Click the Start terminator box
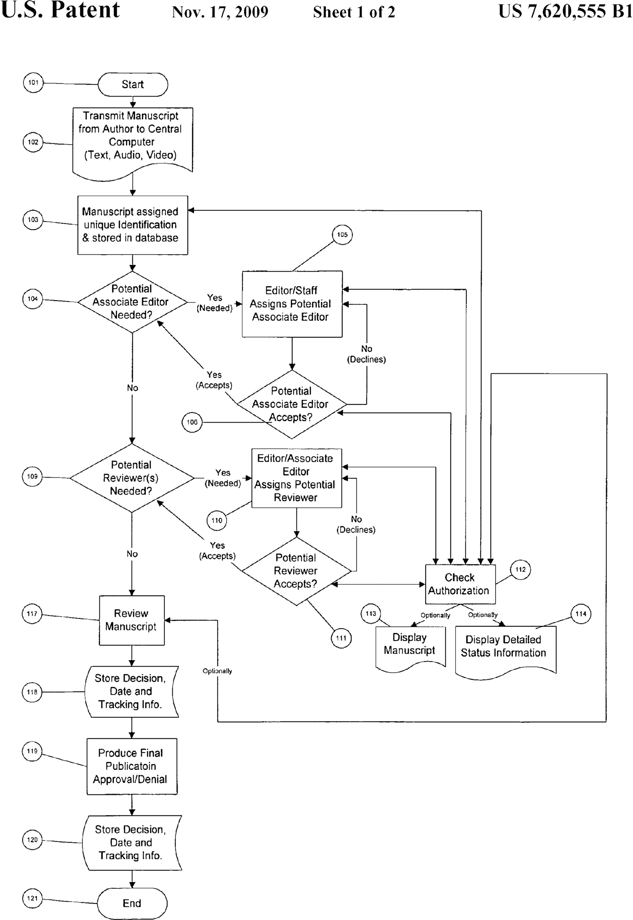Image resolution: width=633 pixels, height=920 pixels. pyautogui.click(x=132, y=84)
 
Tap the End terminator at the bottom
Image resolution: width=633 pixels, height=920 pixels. pyautogui.click(x=132, y=903)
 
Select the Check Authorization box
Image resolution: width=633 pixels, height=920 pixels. pyautogui.click(x=460, y=584)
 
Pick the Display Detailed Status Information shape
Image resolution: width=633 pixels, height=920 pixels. pyautogui.click(x=505, y=647)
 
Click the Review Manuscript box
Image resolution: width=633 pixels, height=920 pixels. pyautogui.click(x=131, y=620)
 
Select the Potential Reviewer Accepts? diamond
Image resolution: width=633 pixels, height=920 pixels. pyautogui.click(x=296, y=571)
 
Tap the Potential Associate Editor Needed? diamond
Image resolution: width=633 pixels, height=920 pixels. pyautogui.click(x=132, y=302)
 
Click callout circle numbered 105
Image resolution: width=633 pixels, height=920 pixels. pyautogui.click(x=342, y=235)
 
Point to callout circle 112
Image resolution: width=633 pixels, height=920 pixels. pyautogui.click(x=520, y=570)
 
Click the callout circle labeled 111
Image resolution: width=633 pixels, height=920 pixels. pyautogui.click(x=341, y=638)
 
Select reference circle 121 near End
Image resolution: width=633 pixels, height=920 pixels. pyautogui.click(x=33, y=898)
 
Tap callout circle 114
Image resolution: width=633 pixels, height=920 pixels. pyautogui.click(x=581, y=614)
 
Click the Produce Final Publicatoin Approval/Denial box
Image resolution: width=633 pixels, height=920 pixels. pyautogui.click(x=131, y=766)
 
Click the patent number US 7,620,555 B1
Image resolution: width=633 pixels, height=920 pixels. pyautogui.click(x=565, y=11)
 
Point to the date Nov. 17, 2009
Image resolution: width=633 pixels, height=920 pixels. pyautogui.click(x=220, y=12)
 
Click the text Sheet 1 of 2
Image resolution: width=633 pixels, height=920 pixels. pyautogui.click(x=354, y=12)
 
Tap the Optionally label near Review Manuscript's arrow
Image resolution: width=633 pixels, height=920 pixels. pyautogui.click(x=217, y=671)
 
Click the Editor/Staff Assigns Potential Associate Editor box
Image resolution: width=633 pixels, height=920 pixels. pyautogui.click(x=292, y=304)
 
